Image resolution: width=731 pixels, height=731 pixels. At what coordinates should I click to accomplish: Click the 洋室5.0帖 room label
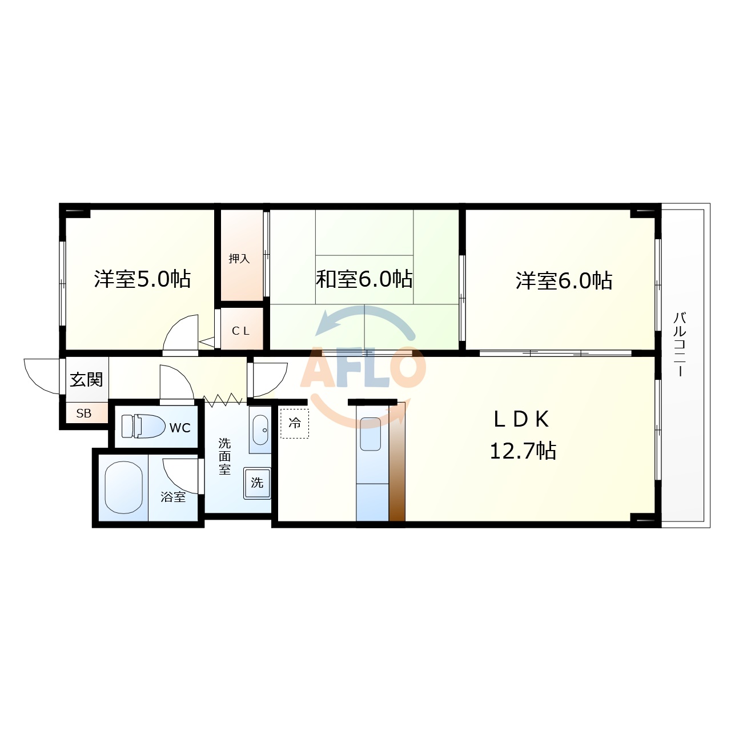click(x=142, y=279)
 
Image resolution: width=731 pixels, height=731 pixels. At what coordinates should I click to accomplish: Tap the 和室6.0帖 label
click(x=364, y=279)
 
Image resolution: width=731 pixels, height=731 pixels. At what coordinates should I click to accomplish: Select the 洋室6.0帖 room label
click(x=564, y=281)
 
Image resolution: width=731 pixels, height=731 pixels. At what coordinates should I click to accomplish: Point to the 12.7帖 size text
click(x=523, y=451)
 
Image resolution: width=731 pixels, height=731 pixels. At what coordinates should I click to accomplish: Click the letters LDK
click(x=521, y=420)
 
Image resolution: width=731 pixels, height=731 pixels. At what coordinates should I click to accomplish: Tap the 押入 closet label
click(x=239, y=259)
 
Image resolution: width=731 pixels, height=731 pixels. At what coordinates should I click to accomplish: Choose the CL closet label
click(x=240, y=331)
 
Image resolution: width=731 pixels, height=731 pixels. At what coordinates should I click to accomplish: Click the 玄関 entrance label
click(x=86, y=380)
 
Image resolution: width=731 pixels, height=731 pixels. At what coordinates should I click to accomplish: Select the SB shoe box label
click(x=83, y=413)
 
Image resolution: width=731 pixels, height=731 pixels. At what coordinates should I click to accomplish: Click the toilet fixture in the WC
click(x=143, y=427)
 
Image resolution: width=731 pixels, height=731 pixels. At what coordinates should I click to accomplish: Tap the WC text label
click(x=180, y=428)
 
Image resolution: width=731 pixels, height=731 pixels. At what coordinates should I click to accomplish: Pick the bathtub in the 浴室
click(x=124, y=488)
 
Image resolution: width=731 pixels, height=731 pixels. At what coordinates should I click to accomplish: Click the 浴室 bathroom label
click(x=173, y=497)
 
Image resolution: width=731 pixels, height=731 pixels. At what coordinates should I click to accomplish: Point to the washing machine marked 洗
click(x=257, y=483)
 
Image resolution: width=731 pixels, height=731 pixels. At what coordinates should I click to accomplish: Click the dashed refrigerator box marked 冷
click(x=295, y=423)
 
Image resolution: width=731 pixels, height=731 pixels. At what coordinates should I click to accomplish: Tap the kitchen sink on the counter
click(x=370, y=434)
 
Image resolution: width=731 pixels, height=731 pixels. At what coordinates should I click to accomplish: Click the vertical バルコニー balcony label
click(x=680, y=344)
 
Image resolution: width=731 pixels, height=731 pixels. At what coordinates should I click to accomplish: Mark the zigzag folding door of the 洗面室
click(x=222, y=399)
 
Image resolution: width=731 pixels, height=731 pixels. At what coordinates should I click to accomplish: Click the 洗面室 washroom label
click(x=224, y=456)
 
